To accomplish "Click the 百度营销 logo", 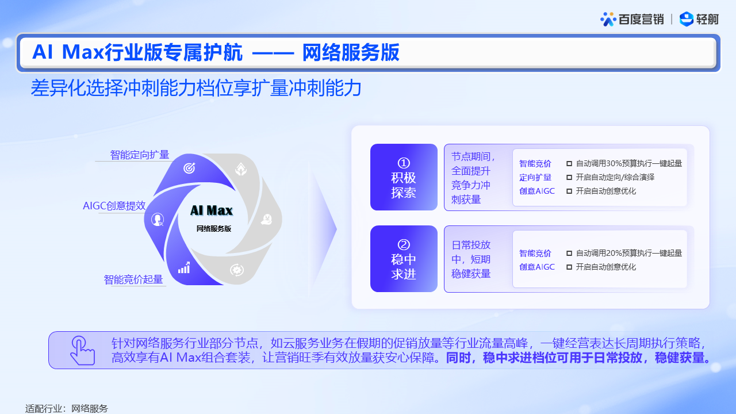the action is coord(632,20).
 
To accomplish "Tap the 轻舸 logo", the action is coord(699,19).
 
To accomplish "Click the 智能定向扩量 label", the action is coord(140,155).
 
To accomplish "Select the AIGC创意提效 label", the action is coord(114,206).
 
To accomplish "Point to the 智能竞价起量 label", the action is coord(133,279).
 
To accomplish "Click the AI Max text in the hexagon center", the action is coord(212,210).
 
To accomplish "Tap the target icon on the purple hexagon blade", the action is coord(189,168).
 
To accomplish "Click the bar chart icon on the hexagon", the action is coord(184,268).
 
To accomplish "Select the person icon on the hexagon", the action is coord(158,220).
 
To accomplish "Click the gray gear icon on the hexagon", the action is coord(236,270).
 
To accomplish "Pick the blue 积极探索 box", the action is coord(404,177).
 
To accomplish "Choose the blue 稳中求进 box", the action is coord(404,259).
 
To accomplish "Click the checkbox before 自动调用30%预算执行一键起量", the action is coord(569,164).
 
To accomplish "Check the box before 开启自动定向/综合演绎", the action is coord(569,178).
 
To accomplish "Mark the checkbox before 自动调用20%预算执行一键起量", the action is coord(569,254).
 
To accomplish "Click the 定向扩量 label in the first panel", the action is coord(535,178).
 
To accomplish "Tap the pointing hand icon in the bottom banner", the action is coord(82,350).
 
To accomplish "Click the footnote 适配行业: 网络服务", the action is coord(67,408).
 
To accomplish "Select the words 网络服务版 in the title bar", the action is coord(351,52).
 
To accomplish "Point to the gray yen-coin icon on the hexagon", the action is coord(267,220).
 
